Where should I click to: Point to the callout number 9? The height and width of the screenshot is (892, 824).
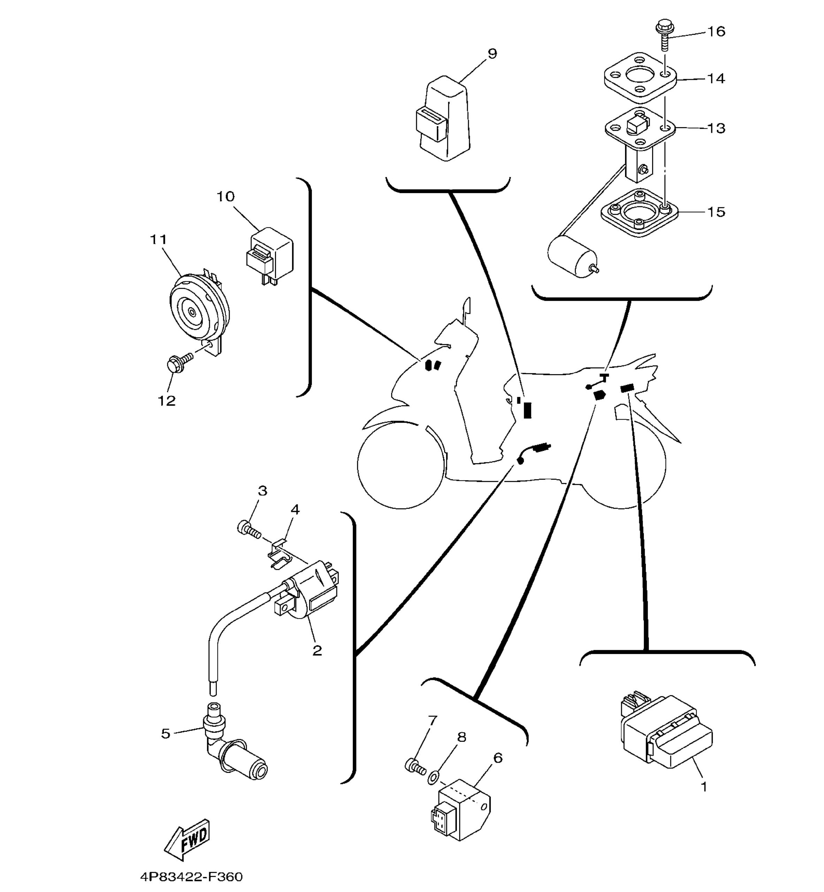click(x=492, y=54)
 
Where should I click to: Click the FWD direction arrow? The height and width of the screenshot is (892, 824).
click(x=186, y=840)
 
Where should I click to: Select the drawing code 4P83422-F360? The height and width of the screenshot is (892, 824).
click(x=191, y=877)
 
